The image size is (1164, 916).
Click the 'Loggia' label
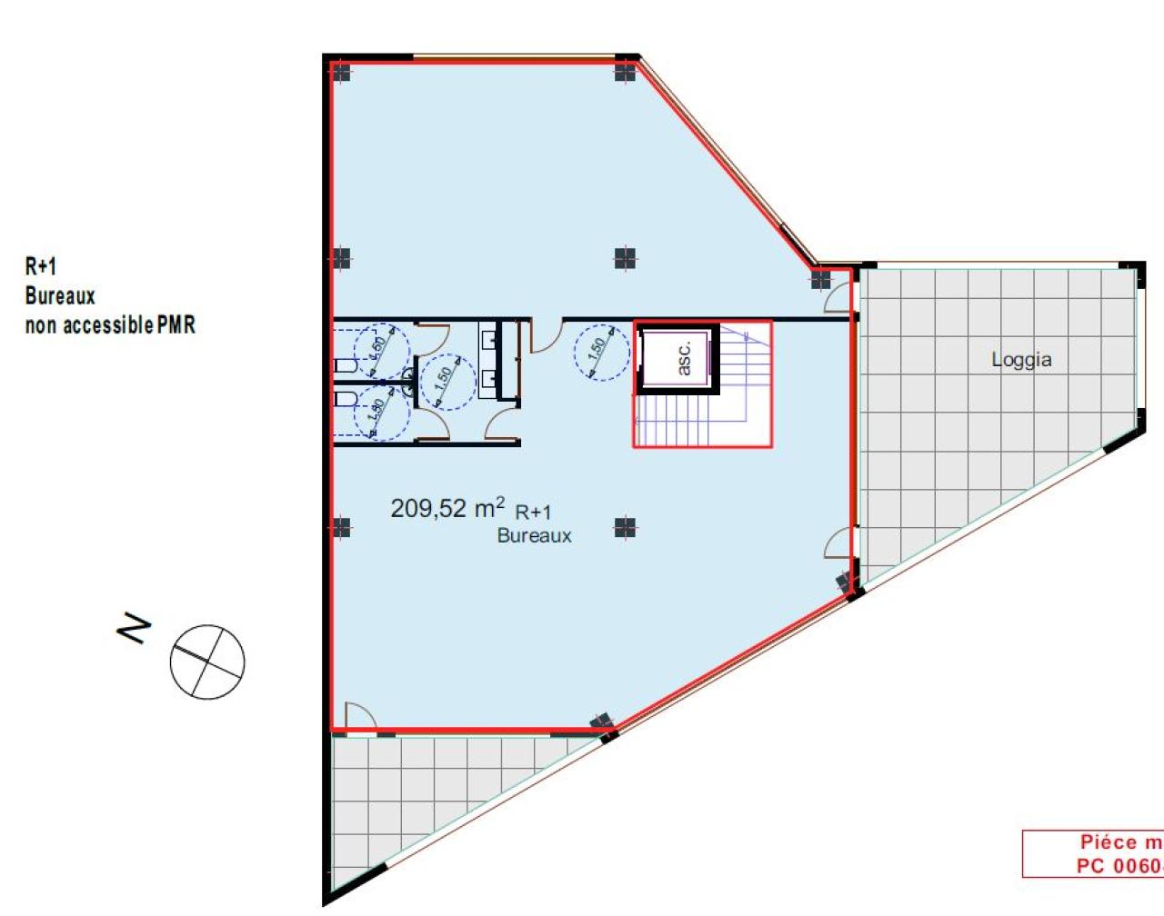pyautogui.click(x=1021, y=360)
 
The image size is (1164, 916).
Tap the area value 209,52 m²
pyautogui.click(x=447, y=507)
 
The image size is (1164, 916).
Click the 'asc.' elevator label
pyautogui.click(x=684, y=358)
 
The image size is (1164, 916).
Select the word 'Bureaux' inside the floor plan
pyautogui.click(x=534, y=536)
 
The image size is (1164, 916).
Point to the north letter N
pyautogui.click(x=135, y=628)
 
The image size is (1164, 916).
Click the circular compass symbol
pyautogui.click(x=207, y=662)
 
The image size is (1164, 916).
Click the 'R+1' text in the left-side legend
pyautogui.click(x=41, y=266)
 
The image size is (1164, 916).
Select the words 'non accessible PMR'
pyautogui.click(x=110, y=324)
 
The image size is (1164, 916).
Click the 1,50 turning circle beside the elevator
pyautogui.click(x=601, y=351)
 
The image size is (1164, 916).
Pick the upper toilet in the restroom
pyautogui.click(x=346, y=365)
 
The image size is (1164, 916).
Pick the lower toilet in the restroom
pyautogui.click(x=346, y=398)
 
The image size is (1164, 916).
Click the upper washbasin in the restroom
pyautogui.click(x=489, y=340)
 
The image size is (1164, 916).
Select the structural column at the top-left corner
pyautogui.click(x=341, y=72)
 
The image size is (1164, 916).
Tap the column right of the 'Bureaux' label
pyautogui.click(x=625, y=527)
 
